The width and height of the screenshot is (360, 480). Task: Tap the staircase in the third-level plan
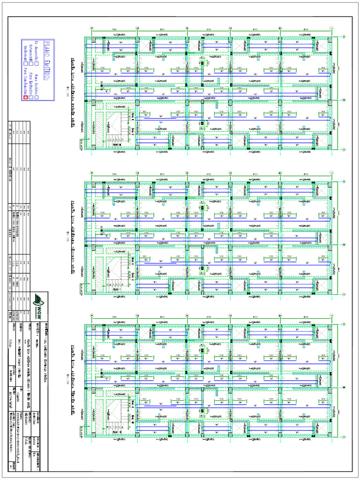point(115,415)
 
